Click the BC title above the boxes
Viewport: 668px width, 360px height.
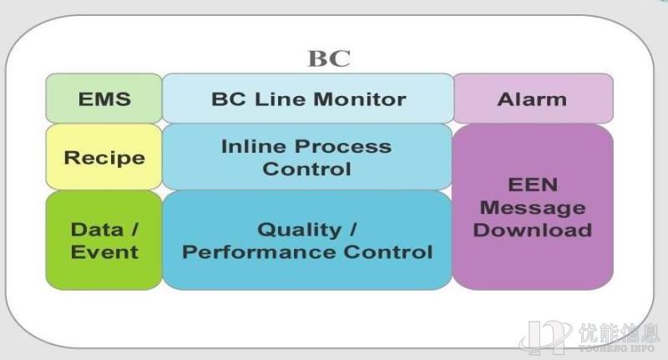click(329, 58)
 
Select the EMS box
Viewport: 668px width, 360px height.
click(104, 99)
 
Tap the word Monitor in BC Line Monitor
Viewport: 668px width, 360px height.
click(360, 99)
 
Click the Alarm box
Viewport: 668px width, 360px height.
click(533, 99)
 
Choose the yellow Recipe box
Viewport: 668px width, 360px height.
click(104, 157)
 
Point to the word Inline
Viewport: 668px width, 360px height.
click(254, 146)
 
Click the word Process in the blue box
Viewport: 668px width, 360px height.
click(343, 146)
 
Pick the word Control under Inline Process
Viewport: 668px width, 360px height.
click(306, 169)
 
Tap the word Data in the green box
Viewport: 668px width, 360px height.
click(98, 230)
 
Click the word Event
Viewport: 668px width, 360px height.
click(104, 252)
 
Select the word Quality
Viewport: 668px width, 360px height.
click(299, 231)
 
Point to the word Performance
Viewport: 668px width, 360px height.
click(260, 252)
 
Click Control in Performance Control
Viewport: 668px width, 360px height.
click(388, 252)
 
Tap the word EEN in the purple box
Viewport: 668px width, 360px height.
click(533, 185)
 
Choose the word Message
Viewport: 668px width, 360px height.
click(533, 208)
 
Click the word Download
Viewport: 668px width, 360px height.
click(533, 230)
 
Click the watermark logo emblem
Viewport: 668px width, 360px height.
click(546, 337)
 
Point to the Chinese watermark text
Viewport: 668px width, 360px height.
click(619, 333)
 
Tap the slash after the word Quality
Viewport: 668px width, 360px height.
click(352, 230)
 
